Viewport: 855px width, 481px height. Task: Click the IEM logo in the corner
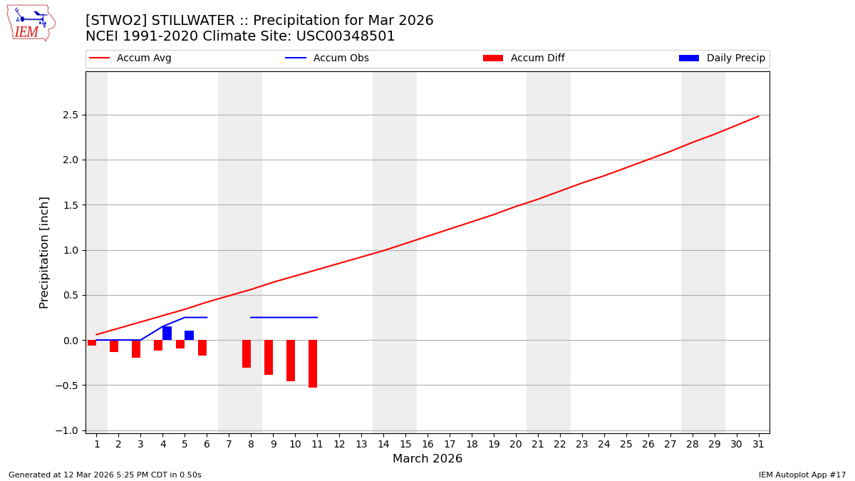[31, 23]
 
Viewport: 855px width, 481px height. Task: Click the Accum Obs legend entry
[327, 58]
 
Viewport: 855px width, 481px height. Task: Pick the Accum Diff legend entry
[524, 58]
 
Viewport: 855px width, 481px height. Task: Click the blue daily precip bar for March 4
[167, 333]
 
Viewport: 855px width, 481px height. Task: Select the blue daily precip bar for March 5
[189, 335]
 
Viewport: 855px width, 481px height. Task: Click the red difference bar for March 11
[313, 363]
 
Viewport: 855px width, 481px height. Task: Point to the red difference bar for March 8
[247, 353]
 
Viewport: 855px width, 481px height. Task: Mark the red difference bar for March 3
[136, 348]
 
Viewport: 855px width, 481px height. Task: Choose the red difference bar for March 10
[291, 361]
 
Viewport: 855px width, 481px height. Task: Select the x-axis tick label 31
[758, 444]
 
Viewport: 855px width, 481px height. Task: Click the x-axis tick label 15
[405, 444]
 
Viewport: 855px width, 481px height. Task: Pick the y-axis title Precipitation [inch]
[44, 252]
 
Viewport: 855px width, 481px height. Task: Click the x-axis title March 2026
[427, 459]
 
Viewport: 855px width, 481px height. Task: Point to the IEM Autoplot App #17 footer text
[802, 475]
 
